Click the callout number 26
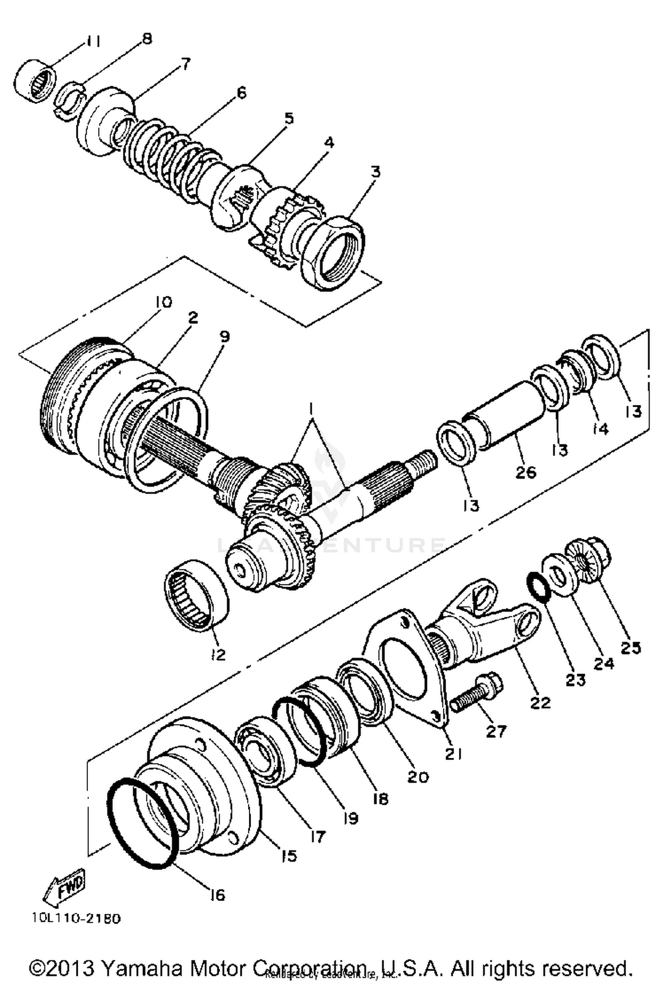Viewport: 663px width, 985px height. [x=526, y=472]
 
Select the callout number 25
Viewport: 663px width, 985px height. [x=630, y=648]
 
